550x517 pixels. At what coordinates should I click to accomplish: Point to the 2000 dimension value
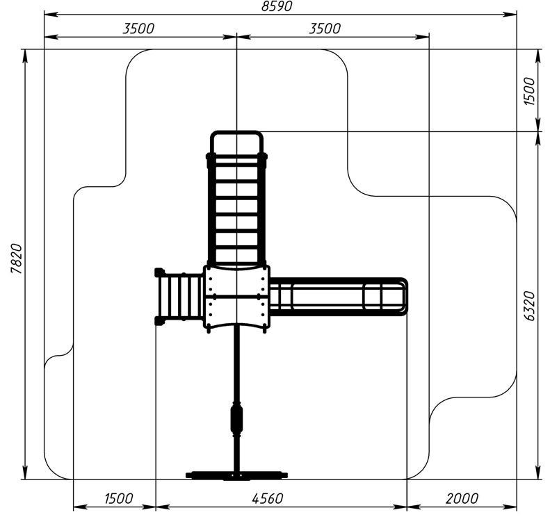coord(462,498)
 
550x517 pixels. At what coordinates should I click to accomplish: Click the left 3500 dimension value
coord(138,28)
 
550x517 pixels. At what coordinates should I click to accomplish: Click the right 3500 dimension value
coord(325,28)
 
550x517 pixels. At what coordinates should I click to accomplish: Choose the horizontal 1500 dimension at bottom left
coord(119,498)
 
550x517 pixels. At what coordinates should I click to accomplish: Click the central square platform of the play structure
coord(236,297)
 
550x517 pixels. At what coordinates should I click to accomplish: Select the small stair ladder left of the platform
coord(179,297)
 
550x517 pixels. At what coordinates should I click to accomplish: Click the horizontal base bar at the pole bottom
coord(236,475)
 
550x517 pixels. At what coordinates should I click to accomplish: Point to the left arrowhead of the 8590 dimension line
coord(48,14)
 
